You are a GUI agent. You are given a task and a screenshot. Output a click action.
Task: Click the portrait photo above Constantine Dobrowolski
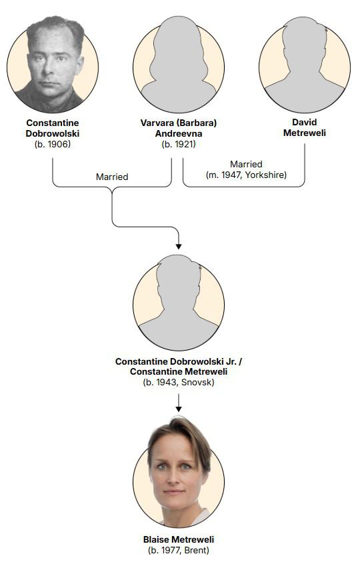53,65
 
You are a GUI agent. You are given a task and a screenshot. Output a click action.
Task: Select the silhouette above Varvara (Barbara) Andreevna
179,65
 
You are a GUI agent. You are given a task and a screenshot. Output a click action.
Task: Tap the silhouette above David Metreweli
305,65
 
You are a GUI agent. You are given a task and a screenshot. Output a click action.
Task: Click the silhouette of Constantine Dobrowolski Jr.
179,303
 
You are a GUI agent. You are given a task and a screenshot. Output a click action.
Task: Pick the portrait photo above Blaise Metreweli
179,472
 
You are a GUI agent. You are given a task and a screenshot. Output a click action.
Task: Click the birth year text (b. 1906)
53,144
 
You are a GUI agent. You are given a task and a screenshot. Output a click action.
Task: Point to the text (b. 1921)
179,144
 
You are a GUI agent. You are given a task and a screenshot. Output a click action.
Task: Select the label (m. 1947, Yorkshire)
247,175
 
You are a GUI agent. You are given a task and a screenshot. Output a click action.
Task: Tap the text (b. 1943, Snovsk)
179,382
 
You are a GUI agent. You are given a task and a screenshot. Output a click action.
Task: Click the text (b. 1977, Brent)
179,550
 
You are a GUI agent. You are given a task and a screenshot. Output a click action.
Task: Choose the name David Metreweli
305,127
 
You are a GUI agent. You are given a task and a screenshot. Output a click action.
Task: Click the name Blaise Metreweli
179,539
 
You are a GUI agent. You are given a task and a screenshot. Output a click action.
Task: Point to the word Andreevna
179,133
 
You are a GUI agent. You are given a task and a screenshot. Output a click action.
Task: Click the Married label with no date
112,177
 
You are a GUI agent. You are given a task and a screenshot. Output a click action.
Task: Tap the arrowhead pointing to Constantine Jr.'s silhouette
179,247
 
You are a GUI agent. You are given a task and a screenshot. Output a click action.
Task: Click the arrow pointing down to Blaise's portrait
179,403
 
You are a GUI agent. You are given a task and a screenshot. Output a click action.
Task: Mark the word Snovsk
197,382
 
